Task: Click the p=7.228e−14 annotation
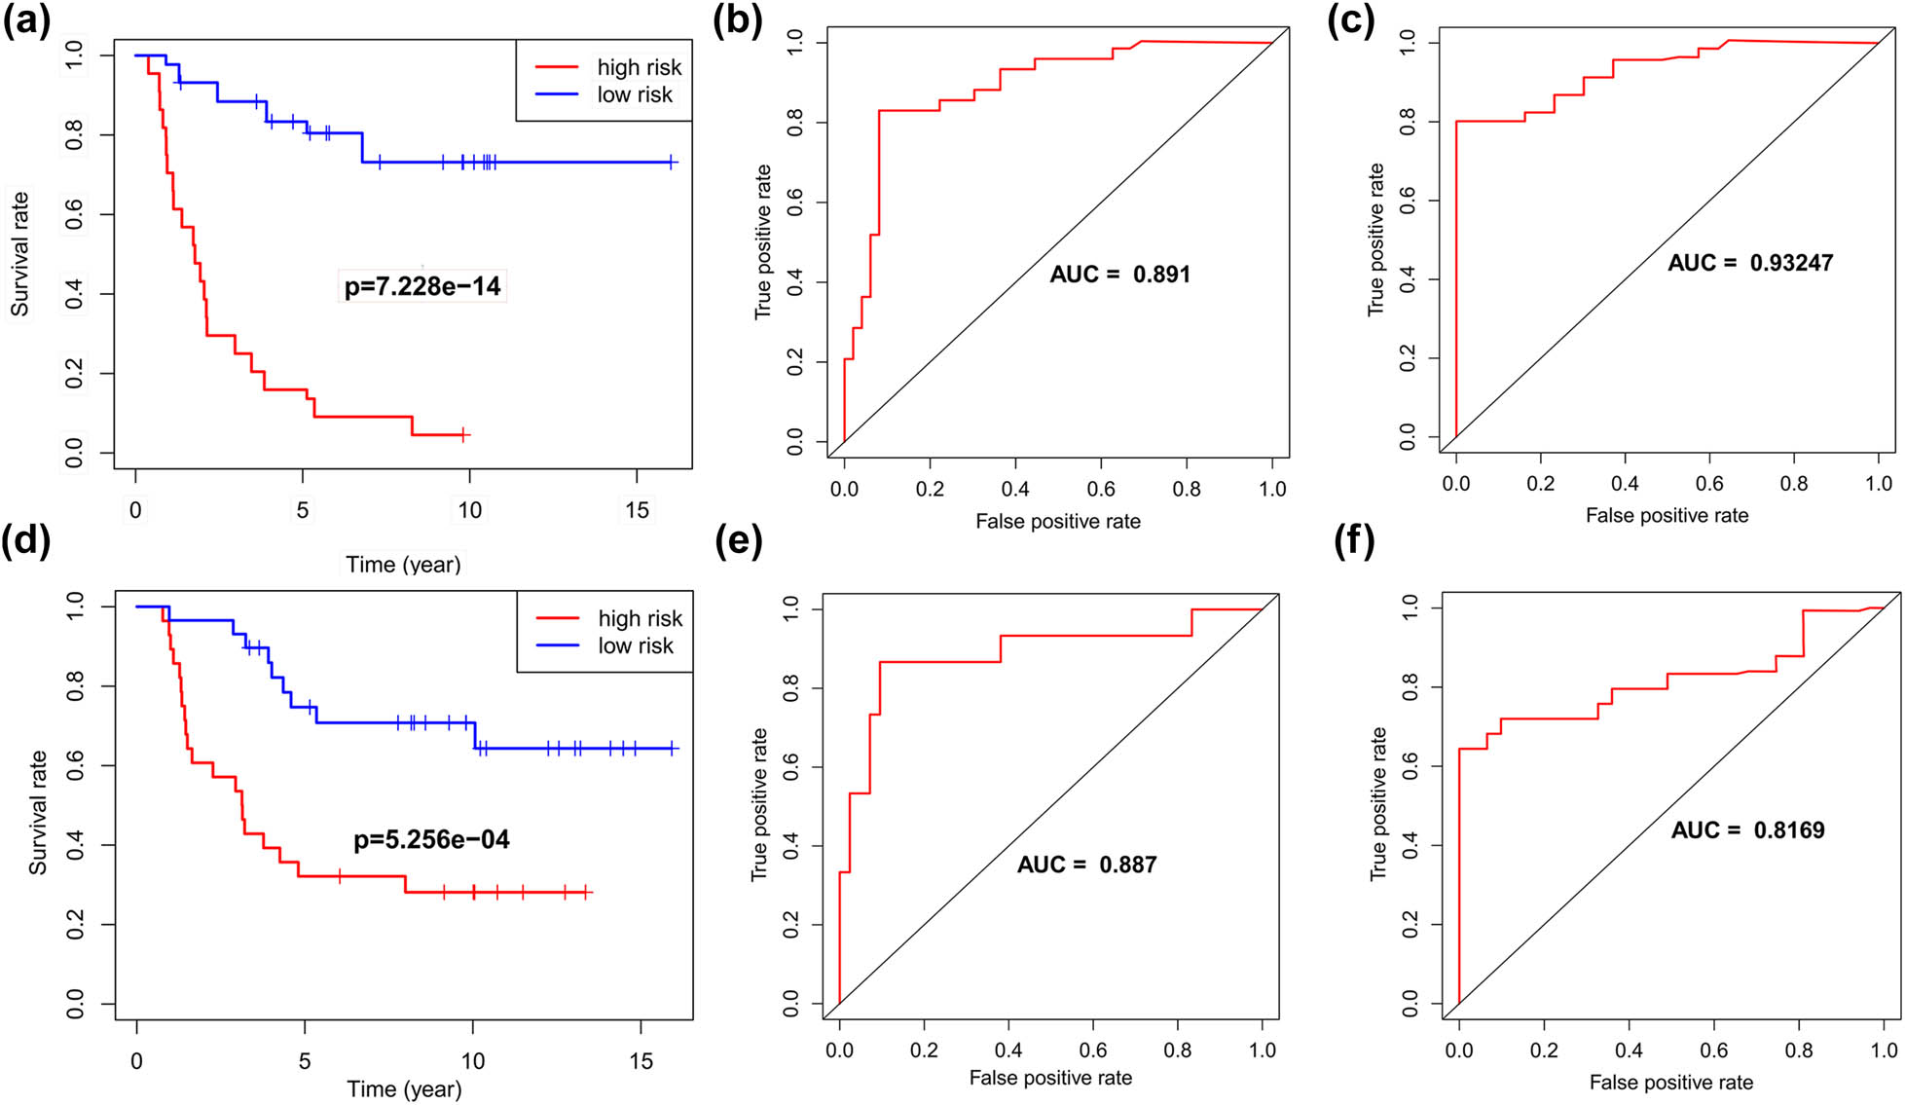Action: [x=422, y=286]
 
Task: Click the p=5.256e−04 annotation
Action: [x=431, y=839]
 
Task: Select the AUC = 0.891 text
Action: [x=1119, y=275]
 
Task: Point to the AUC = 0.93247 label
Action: [x=1749, y=263]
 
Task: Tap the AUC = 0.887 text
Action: [x=1086, y=865]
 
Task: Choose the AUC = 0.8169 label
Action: [x=1747, y=830]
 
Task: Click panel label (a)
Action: [x=26, y=21]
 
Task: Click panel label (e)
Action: [x=738, y=541]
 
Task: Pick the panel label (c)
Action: [x=1351, y=21]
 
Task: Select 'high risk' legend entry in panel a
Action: [x=639, y=67]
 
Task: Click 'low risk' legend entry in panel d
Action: [x=635, y=645]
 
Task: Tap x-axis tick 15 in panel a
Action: [x=637, y=510]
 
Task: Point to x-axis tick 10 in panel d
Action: [x=473, y=1061]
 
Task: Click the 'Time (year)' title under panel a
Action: [x=403, y=565]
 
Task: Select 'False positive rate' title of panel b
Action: [x=1057, y=522]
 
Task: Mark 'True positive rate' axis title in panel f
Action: [x=1378, y=803]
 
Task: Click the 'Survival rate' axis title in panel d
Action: [x=38, y=812]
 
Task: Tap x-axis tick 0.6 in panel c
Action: [x=1709, y=484]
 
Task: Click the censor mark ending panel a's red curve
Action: [x=464, y=434]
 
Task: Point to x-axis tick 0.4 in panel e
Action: [x=1008, y=1050]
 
